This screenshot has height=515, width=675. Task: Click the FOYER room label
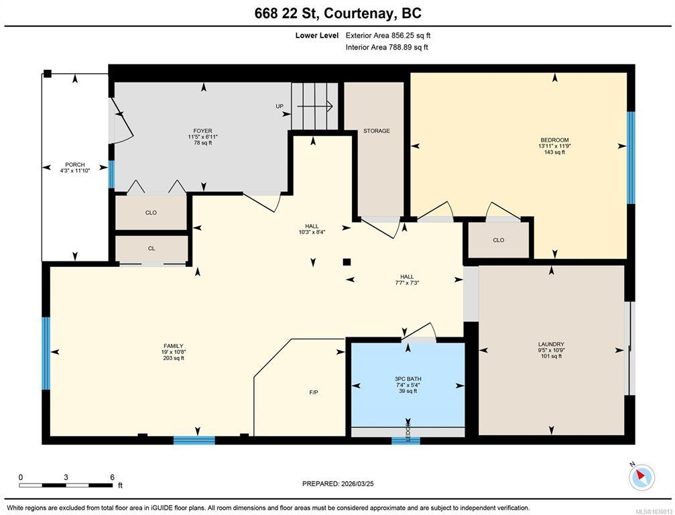coord(202,131)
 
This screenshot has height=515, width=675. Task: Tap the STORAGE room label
coord(377,131)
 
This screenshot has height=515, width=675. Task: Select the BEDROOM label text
coord(554,140)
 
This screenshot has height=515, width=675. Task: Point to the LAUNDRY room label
coord(551,344)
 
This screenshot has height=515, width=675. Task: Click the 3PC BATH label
coord(408,379)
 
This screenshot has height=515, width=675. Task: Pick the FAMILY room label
coord(174,346)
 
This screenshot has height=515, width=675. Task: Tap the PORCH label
coord(75,164)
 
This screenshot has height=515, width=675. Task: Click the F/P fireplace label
coord(314,392)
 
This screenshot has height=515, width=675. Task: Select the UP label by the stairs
coord(280,106)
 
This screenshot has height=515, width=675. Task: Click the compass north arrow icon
coord(641,476)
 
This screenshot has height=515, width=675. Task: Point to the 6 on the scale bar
coord(113,477)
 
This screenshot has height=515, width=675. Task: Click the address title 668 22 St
coord(286,13)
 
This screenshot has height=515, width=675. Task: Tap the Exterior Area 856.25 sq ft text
coord(388,36)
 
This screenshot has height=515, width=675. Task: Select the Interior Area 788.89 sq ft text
coord(387,48)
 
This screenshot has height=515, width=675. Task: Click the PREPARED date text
coord(338,483)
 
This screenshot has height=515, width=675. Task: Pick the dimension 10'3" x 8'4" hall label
coord(312,232)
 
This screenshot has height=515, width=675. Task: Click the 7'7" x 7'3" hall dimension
coord(407,283)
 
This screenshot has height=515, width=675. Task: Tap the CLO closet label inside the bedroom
coord(499,240)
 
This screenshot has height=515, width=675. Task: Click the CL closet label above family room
coord(151,249)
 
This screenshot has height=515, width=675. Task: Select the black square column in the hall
coord(347,262)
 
